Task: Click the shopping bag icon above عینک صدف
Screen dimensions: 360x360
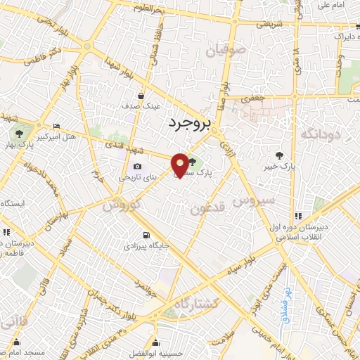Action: pos(142,95)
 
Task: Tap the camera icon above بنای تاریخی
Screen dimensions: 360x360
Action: pos(136,167)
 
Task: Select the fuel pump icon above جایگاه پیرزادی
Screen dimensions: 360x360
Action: pos(146,235)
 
